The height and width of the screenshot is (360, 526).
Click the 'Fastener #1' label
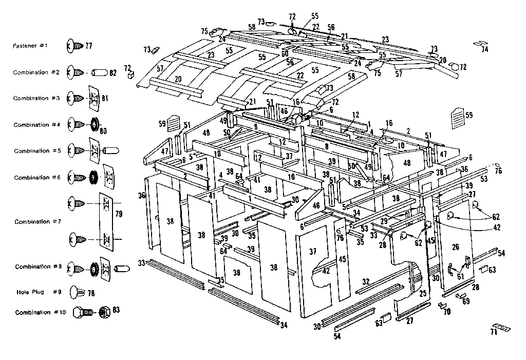[30, 46]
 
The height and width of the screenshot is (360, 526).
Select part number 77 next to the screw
[89, 46]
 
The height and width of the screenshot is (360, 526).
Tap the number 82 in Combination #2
[113, 73]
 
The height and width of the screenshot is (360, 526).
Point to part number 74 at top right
[484, 50]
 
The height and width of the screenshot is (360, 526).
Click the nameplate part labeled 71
[499, 327]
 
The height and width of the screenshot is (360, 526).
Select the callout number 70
[447, 311]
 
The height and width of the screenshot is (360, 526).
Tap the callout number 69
[466, 301]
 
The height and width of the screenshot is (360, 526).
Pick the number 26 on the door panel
[455, 247]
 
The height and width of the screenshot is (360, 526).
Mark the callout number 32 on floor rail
[366, 281]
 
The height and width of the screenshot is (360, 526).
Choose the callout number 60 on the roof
[284, 53]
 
